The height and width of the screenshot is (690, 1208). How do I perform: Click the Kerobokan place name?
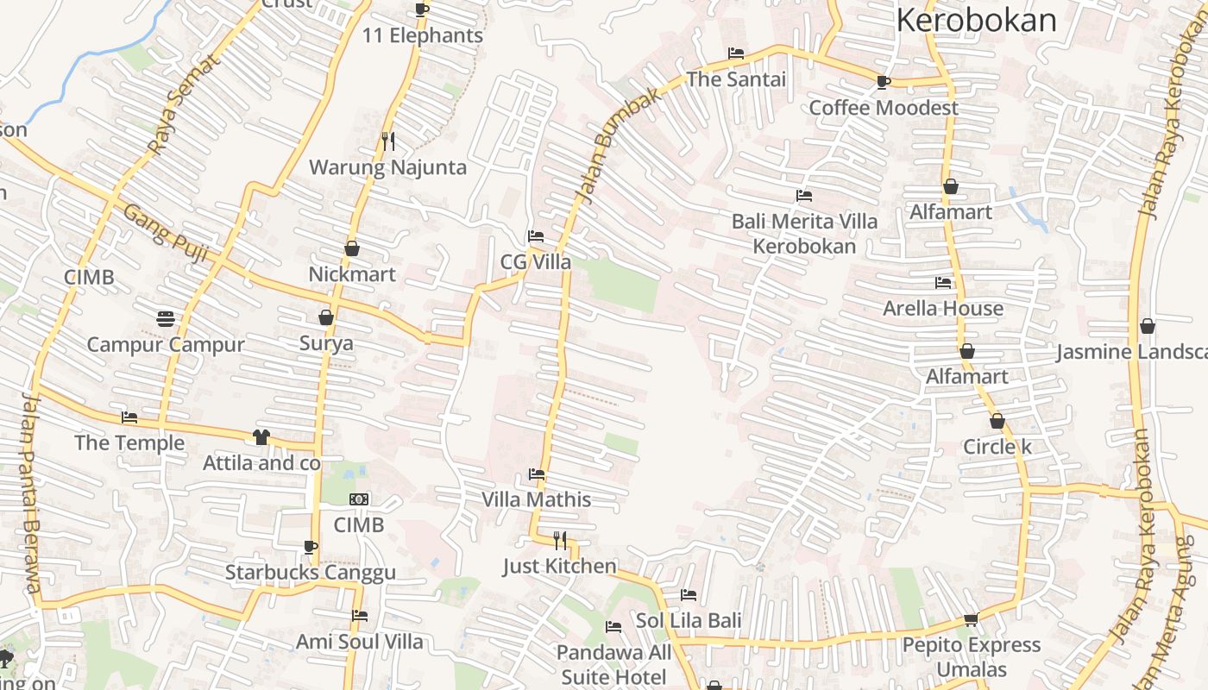(976, 19)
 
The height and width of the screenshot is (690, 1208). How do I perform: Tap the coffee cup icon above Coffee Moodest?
(883, 82)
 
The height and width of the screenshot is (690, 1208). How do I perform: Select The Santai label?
(736, 79)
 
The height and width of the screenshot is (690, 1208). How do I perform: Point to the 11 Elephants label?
(423, 35)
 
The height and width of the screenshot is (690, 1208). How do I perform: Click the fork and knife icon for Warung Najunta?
(388, 141)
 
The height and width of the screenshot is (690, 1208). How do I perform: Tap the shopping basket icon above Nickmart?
(352, 248)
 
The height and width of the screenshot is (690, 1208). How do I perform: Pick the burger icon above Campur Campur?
(166, 319)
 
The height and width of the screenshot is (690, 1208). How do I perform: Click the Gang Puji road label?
(167, 226)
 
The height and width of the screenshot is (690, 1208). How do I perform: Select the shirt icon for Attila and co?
(261, 437)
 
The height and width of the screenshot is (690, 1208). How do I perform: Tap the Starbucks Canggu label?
(311, 572)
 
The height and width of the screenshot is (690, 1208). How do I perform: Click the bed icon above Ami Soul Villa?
(360, 616)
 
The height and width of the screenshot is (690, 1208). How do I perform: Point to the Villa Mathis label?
(537, 499)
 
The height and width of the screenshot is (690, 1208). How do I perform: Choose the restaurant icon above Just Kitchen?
(560, 541)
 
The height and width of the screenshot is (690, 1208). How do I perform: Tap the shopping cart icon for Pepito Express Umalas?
(971, 619)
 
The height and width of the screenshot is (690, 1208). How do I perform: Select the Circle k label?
(997, 447)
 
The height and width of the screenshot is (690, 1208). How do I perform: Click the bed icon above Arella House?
(943, 282)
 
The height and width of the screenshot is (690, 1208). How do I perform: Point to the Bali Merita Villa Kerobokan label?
(804, 234)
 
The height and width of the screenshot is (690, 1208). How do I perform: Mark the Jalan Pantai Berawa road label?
(32, 493)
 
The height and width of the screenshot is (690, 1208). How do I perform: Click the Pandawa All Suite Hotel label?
(613, 664)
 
